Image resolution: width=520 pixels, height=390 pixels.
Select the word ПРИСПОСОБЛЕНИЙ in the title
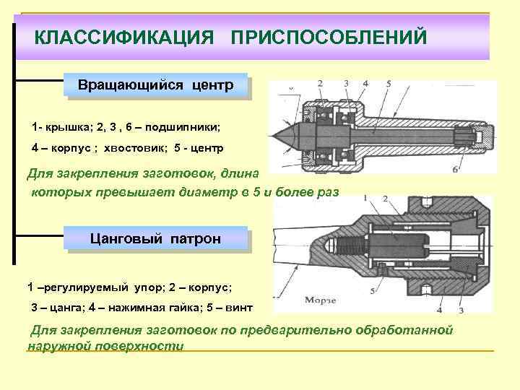click(x=329, y=37)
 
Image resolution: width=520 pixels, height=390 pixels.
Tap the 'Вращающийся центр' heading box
click(x=155, y=86)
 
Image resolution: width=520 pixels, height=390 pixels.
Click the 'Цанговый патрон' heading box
click(x=155, y=238)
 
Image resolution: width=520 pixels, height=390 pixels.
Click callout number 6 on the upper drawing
click(x=455, y=170)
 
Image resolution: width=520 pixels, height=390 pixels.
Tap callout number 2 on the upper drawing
click(x=320, y=84)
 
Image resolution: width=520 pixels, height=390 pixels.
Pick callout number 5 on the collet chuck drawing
click(x=373, y=291)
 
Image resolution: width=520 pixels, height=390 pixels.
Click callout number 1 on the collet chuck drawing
click(x=367, y=197)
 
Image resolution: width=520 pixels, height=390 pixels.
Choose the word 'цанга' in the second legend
click(x=66, y=307)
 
